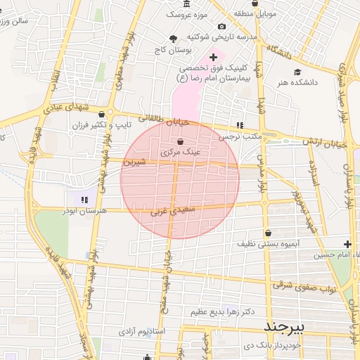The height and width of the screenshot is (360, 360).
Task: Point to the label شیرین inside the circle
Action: pyautogui.click(x=135, y=162)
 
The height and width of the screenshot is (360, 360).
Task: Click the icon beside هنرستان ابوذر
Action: pyautogui.click(x=85, y=200)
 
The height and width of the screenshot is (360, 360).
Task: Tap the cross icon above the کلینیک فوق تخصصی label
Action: pyautogui.click(x=214, y=56)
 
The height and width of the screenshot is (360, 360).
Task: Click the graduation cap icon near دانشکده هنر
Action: pyautogui.click(x=297, y=72)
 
